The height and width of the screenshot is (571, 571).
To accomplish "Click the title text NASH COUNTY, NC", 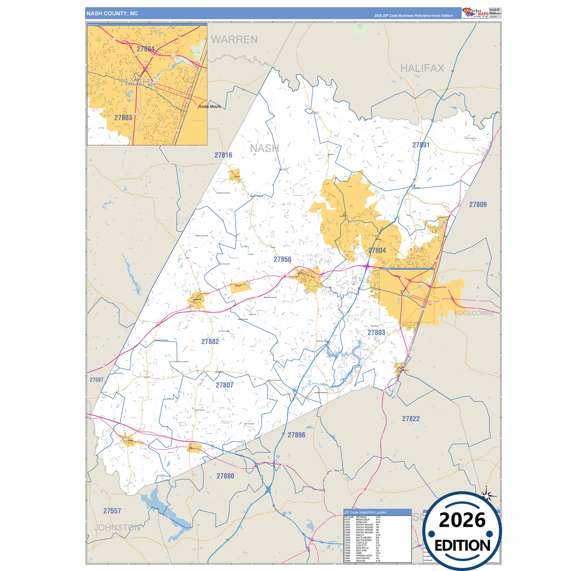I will (x=112, y=13).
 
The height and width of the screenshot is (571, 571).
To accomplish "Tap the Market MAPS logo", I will (x=475, y=13).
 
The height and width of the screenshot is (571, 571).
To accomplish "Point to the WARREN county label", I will (x=234, y=40).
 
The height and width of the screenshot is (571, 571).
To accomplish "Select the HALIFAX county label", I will (x=422, y=68).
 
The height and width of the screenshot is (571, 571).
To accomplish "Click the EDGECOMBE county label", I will (x=474, y=313).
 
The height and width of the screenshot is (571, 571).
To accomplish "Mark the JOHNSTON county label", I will (x=117, y=528).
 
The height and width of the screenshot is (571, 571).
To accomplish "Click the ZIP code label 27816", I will (x=223, y=155).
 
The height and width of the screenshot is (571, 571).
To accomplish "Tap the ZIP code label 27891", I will (x=421, y=145).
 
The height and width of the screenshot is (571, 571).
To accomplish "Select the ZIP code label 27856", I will (x=283, y=260).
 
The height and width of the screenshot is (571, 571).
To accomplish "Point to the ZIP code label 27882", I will (x=210, y=342).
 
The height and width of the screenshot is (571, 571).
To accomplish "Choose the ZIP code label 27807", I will (x=224, y=385).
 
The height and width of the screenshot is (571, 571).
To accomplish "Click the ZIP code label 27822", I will (x=411, y=419).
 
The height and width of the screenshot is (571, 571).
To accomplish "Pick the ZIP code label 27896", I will (x=296, y=435).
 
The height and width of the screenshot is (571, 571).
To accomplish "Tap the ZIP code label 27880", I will (x=225, y=476).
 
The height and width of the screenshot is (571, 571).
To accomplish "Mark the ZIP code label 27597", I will (x=96, y=380).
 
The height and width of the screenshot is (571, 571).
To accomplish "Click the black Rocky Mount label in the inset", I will (x=210, y=107).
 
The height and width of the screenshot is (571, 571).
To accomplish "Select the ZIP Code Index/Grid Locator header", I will (x=365, y=512).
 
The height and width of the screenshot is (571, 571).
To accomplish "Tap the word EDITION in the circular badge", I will (x=462, y=546).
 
